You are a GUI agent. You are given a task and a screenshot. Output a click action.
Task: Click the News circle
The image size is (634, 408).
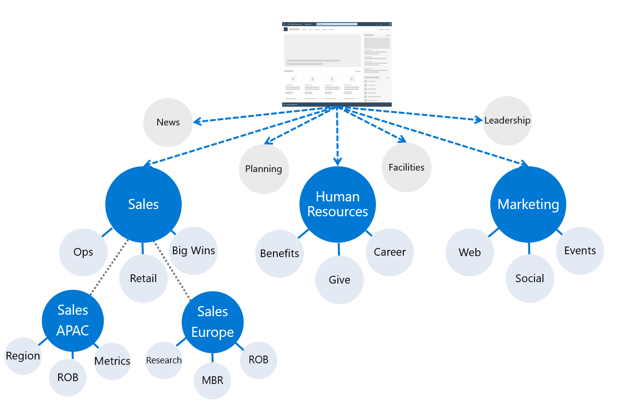point(168,123)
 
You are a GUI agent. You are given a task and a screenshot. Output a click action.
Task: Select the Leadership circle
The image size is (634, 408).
point(507,121)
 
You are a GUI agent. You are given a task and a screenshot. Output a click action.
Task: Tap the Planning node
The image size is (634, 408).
point(263,169)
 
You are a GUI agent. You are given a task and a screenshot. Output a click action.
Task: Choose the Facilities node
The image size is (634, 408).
point(406,168)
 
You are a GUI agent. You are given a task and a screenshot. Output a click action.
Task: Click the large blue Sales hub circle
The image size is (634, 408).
point(143,205)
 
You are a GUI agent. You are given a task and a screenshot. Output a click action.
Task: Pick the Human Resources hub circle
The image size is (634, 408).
point(337,204)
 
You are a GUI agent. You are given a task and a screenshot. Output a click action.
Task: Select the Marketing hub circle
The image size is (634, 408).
point(528,205)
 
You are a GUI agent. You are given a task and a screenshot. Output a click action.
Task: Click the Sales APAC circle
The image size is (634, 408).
point(73,321)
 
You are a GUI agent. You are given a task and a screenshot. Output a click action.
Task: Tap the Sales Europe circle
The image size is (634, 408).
point(212,322)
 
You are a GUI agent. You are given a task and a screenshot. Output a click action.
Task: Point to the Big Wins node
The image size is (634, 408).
point(193,251)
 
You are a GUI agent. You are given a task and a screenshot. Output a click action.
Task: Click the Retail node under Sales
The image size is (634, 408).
point(143,279)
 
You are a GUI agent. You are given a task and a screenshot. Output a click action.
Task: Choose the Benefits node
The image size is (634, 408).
point(279,254)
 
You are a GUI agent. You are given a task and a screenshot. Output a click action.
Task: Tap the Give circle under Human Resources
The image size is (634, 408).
point(339,280)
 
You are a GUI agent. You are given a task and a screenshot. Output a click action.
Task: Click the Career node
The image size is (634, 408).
point(389,252)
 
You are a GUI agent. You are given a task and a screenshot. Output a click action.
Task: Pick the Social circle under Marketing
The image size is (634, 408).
point(530,279)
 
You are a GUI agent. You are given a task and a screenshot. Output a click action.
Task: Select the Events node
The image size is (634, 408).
point(580,251)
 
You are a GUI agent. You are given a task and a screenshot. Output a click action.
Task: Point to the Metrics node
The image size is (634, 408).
point(112,361)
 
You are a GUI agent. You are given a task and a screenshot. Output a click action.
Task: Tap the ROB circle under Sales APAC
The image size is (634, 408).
point(68,378)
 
